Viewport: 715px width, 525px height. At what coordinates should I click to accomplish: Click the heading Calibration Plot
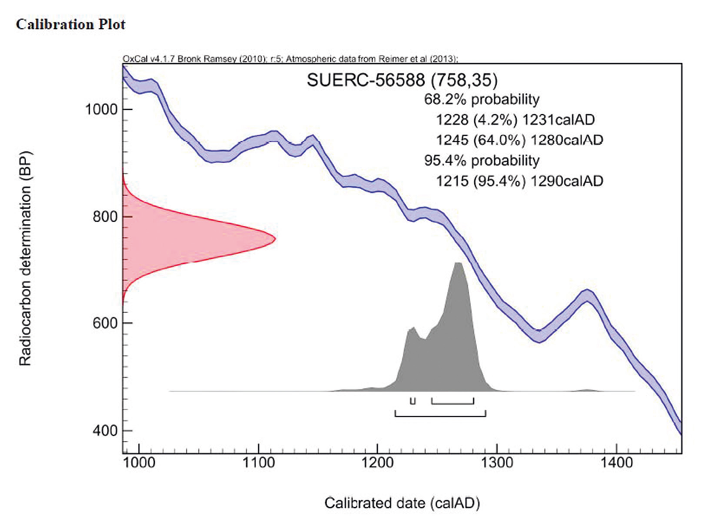(x=71, y=24)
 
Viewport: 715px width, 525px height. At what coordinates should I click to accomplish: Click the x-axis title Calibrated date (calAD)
(x=402, y=503)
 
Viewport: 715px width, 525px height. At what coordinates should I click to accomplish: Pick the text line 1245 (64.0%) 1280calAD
(x=519, y=140)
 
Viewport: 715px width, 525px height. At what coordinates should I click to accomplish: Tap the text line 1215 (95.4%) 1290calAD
(x=519, y=181)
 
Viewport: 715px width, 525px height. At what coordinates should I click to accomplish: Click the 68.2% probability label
(x=481, y=100)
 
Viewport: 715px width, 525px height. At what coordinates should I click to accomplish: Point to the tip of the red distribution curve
(x=275, y=239)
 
